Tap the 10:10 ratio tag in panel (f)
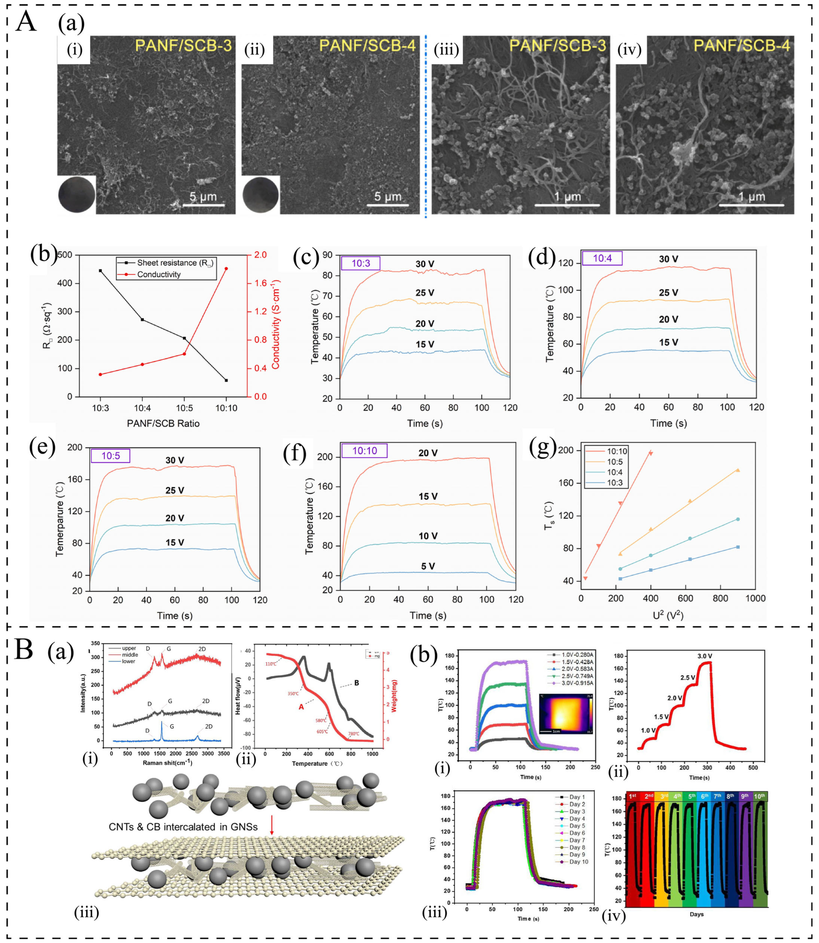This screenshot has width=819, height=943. [x=364, y=451]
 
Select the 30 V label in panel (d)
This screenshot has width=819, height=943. [x=668, y=259]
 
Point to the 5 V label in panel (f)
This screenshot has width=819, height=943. [x=428, y=566]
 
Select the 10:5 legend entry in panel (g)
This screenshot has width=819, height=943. [x=614, y=462]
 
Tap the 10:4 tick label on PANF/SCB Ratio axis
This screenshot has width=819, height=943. [x=142, y=408]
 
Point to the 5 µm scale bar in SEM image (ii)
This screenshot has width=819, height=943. [x=388, y=204]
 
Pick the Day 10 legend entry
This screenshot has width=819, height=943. [x=578, y=862]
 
